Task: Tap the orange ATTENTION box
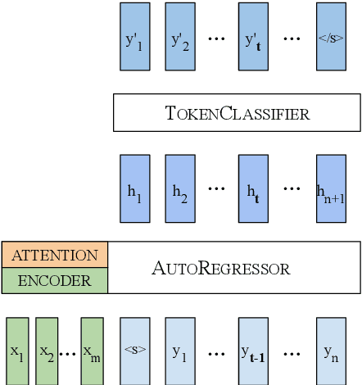pyautogui.click(x=54, y=255)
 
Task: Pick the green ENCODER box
pyautogui.click(x=54, y=281)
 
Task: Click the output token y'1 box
pyautogui.click(x=133, y=37)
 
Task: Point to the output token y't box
pyautogui.click(x=252, y=37)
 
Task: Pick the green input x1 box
pyautogui.click(x=17, y=351)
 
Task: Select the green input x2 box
pyautogui.click(x=47, y=351)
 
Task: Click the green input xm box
pyautogui.click(x=92, y=351)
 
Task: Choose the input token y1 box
pyautogui.click(x=179, y=351)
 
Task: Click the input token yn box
pyautogui.click(x=329, y=351)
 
